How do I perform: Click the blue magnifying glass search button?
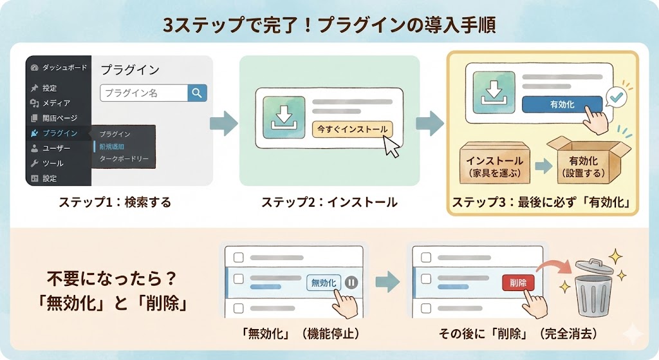[x=197, y=93]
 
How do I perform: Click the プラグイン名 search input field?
[x=144, y=93]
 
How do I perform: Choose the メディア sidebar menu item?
[x=56, y=103]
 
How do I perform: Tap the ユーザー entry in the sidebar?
[x=56, y=148]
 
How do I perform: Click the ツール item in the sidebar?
[x=53, y=164]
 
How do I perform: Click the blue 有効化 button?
[x=562, y=104]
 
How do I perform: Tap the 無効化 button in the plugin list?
[x=324, y=282]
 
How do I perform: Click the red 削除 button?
[x=517, y=282]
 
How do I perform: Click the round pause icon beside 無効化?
[x=351, y=282]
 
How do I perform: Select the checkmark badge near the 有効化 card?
[x=617, y=97]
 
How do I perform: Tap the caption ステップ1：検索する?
[x=115, y=202]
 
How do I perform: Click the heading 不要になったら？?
[x=111, y=280]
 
